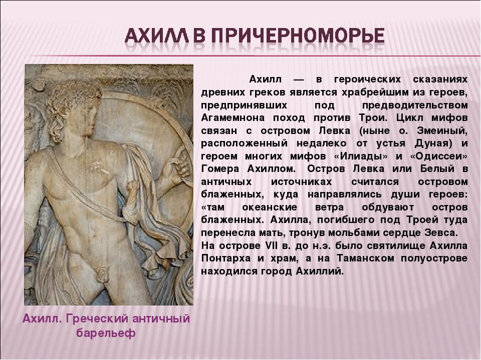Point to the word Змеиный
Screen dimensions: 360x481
click(447, 131)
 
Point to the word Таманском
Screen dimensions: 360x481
click(374, 258)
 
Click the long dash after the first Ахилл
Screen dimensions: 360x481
click(299, 80)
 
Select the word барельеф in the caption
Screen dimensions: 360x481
click(106, 333)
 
